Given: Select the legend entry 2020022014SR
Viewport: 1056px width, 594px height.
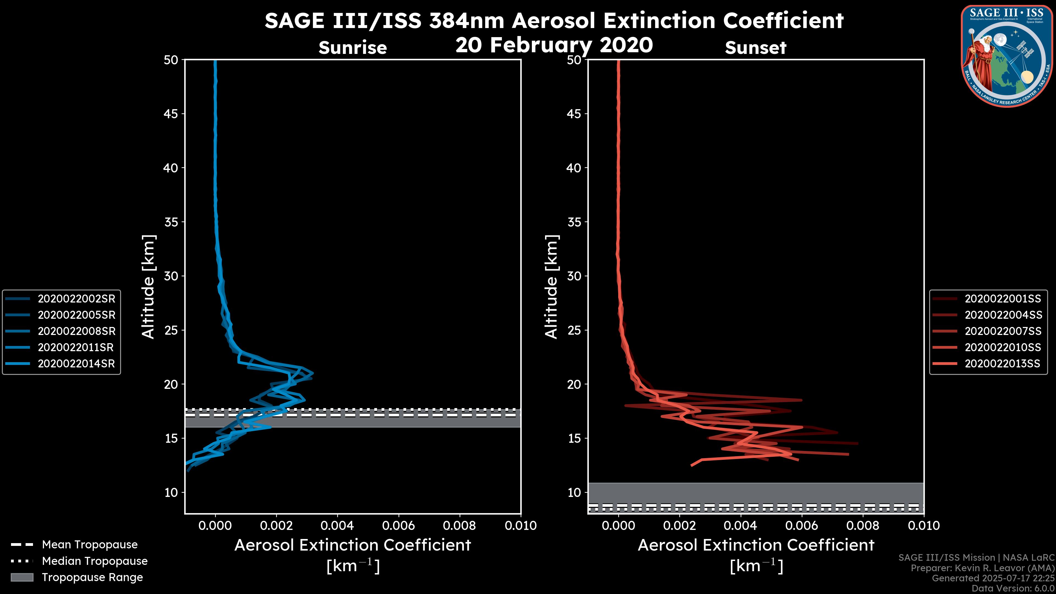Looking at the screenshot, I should pos(76,364).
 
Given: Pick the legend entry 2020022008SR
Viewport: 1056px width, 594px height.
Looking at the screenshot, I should pos(76,331).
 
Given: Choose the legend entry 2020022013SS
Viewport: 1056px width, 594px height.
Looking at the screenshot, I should pos(1002,364).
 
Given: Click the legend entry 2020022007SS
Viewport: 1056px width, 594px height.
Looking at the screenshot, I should pos(1002,331).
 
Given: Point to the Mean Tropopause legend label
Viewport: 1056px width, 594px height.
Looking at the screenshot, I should pos(90,545).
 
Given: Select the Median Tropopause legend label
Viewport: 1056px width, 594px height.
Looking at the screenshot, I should pos(95,561).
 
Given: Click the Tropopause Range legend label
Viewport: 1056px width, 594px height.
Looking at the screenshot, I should pos(92,577).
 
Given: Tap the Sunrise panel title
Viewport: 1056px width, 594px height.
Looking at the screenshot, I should pos(353,48).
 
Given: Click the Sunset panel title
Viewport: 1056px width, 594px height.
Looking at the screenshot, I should pos(755,48).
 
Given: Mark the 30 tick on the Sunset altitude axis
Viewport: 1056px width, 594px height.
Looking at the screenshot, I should pos(574,276).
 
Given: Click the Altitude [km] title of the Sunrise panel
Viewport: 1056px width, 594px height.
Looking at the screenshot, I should pos(148,287).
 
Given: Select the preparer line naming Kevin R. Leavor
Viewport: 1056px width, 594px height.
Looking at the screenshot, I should pos(982,568).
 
